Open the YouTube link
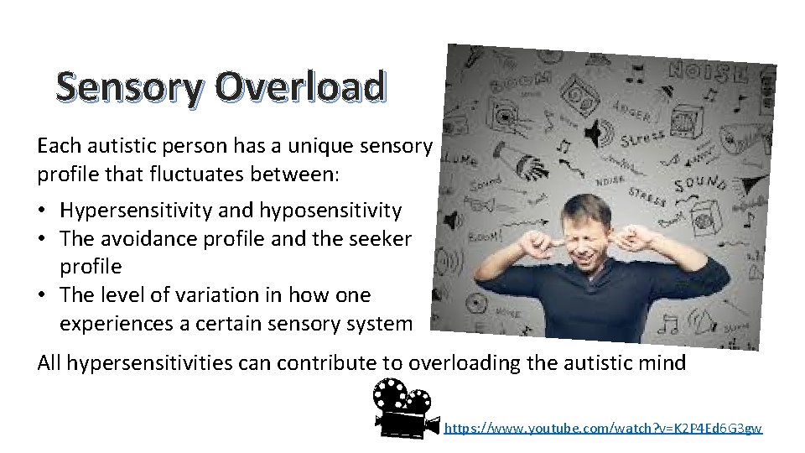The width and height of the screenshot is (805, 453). pos(603,428)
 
